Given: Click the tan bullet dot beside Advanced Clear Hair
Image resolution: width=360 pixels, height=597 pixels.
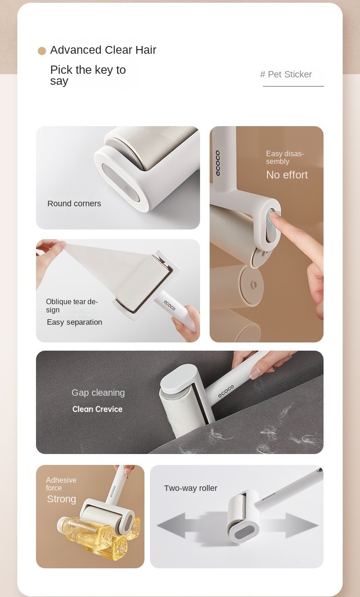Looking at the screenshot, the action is (x=42, y=51).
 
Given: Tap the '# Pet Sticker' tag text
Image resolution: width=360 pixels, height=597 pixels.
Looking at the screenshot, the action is (x=286, y=74).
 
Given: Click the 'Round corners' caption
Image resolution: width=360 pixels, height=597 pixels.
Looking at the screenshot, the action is (x=74, y=204).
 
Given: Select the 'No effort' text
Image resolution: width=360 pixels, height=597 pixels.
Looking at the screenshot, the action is (x=287, y=175).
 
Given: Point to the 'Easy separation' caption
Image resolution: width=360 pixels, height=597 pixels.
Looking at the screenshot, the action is (x=74, y=322).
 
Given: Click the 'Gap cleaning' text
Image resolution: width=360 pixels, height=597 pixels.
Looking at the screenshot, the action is (x=98, y=393).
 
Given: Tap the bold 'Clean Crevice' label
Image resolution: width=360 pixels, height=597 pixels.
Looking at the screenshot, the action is (x=98, y=409).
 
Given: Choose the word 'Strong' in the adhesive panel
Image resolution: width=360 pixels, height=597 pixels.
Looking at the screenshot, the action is (x=62, y=499).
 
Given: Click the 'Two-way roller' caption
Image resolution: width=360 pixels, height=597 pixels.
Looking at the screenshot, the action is (x=190, y=488).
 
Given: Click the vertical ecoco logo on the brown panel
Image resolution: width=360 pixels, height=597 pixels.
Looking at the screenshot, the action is (x=218, y=163).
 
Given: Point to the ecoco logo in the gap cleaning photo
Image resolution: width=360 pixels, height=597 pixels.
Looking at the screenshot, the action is (x=226, y=391).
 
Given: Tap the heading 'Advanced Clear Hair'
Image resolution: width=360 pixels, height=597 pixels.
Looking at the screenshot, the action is (x=103, y=50).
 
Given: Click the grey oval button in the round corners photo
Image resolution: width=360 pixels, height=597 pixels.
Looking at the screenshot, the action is (x=121, y=184).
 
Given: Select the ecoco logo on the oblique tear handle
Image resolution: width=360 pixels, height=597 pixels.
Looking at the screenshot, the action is (x=170, y=305).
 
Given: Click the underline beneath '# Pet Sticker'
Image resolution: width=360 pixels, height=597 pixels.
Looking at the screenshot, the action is (x=293, y=86).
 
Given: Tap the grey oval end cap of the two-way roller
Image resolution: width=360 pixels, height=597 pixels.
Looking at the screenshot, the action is (x=243, y=533).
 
